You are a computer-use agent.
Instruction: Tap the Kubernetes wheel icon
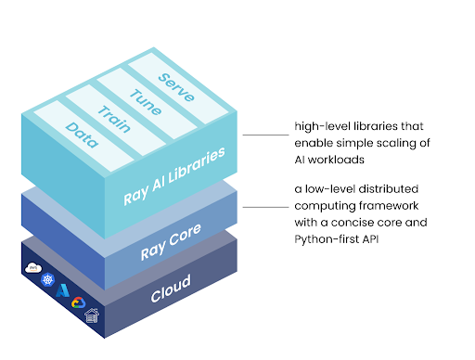(47, 279)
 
